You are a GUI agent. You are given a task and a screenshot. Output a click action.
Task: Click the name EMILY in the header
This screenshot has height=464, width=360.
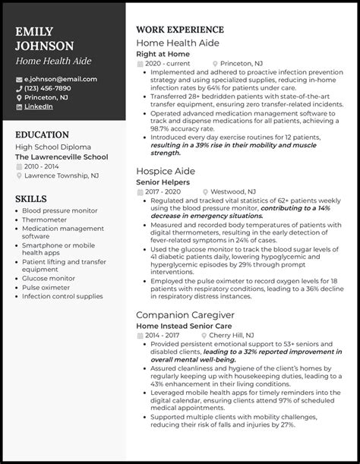coord(34,31)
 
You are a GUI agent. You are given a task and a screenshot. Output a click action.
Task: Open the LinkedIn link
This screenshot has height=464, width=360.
coord(38,106)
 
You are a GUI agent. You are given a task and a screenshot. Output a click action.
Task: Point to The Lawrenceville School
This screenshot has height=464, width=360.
coord(61,156)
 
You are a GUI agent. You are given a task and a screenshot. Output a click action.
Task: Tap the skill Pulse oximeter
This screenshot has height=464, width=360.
coord(47,286)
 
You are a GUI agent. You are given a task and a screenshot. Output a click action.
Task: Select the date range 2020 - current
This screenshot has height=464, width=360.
coord(169,65)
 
